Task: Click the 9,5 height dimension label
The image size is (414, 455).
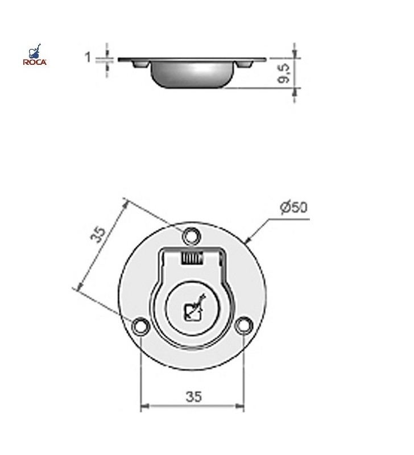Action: tap(283, 73)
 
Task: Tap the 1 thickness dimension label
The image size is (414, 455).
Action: tap(88, 57)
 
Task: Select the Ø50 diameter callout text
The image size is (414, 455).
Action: tap(293, 207)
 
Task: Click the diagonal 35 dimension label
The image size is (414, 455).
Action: tap(98, 234)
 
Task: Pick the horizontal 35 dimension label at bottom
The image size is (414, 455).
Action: tap(193, 396)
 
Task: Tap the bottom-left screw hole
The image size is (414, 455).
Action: tap(140, 325)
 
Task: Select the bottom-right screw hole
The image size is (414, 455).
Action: tap(244, 325)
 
